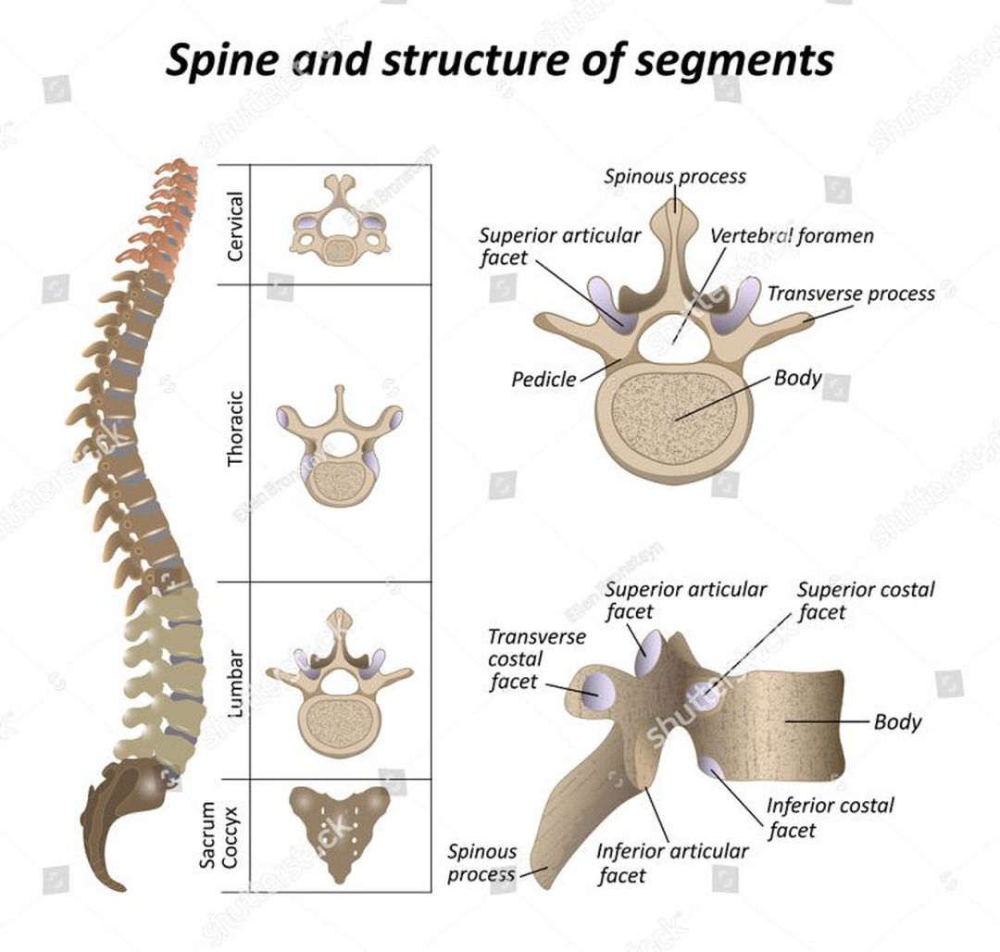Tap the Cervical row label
(x=235, y=225)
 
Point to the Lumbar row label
(x=235, y=683)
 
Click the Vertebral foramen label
(x=792, y=236)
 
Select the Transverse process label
(x=851, y=294)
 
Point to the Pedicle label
(x=544, y=379)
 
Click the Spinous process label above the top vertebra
(x=675, y=176)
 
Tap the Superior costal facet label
(x=866, y=600)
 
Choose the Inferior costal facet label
(x=830, y=817)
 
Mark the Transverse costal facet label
(x=523, y=659)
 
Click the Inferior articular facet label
(x=672, y=862)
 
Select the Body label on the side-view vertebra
(x=897, y=720)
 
